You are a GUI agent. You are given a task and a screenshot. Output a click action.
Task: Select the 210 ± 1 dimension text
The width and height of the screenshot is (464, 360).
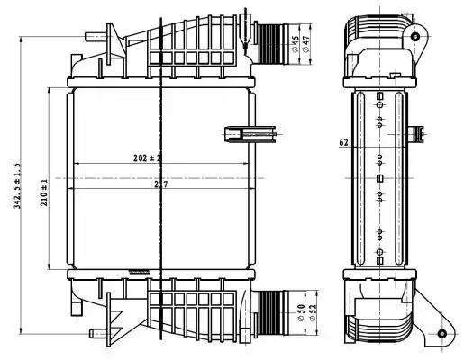pyautogui.click(x=44, y=192)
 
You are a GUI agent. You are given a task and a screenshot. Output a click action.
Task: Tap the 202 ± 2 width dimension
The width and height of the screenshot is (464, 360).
pyautogui.click(x=146, y=158)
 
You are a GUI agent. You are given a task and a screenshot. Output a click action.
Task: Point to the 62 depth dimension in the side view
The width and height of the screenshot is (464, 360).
pyautogui.click(x=343, y=142)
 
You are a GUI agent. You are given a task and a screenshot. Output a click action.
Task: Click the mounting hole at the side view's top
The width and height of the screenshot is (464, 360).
pyautogui.click(x=415, y=37)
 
